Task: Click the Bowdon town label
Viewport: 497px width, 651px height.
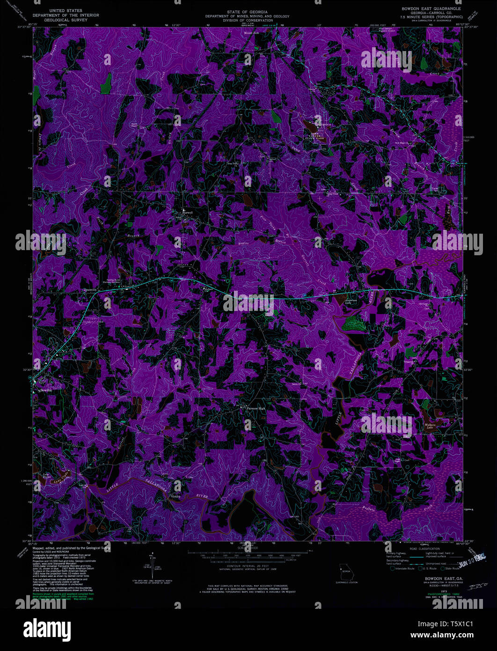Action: point(45,390)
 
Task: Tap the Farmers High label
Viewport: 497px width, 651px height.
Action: point(256,408)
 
